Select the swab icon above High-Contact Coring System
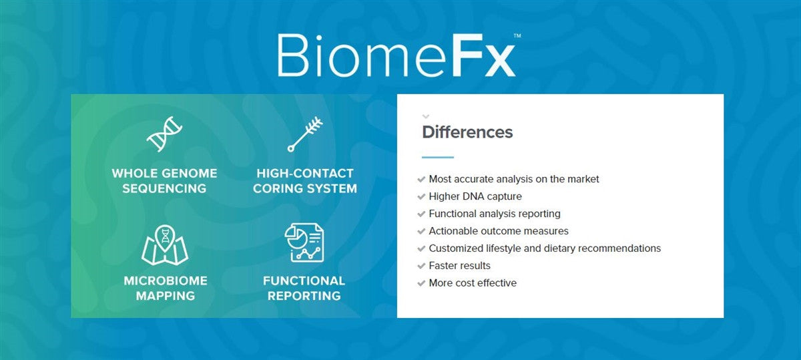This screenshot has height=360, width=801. tap(305, 134)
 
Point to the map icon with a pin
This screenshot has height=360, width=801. tap(165, 244)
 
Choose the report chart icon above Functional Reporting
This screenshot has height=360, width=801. tap(304, 242)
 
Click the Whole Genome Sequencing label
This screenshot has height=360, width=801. tap(164, 180)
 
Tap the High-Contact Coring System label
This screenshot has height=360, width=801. tap(305, 180)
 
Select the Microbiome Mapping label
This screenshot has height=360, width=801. tap(165, 288)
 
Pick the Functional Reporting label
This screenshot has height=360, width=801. tap(304, 288)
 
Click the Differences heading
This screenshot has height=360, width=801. tap(467, 132)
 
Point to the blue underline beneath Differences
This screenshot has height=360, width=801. tap(438, 158)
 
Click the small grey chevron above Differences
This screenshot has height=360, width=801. tap(426, 116)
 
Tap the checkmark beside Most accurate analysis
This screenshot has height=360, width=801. tap(421, 179)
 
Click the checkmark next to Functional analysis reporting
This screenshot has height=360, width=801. tap(421, 214)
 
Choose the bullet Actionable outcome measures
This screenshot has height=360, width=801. tap(499, 231)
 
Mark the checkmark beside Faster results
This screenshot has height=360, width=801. tap(421, 266)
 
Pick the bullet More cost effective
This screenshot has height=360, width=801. tap(473, 283)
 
